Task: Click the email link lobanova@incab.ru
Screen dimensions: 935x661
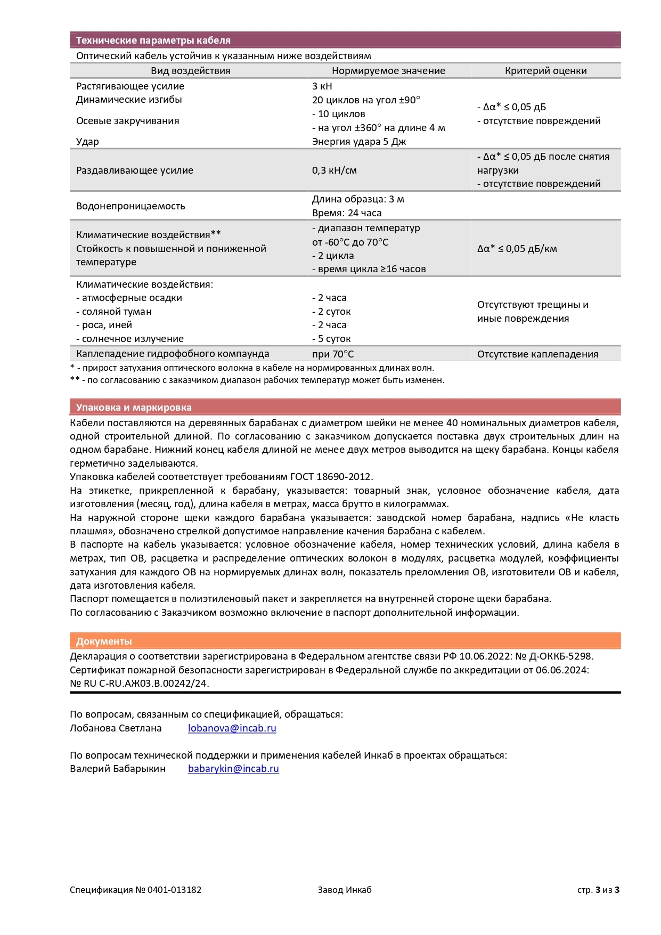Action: pyautogui.click(x=232, y=728)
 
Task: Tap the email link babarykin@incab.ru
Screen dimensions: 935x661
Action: pyautogui.click(x=233, y=768)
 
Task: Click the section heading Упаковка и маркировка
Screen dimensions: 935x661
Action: pyautogui.click(x=134, y=408)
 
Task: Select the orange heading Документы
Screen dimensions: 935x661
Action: pyautogui.click(x=104, y=641)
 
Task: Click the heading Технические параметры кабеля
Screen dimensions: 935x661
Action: pyautogui.click(x=153, y=40)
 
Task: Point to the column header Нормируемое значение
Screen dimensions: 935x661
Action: pyautogui.click(x=388, y=71)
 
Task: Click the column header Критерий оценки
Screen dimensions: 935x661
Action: pyautogui.click(x=545, y=71)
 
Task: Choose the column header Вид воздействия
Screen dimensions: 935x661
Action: pyautogui.click(x=190, y=71)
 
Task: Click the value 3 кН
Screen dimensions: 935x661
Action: pyautogui.click(x=322, y=86)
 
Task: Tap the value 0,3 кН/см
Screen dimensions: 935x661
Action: pyautogui.click(x=334, y=170)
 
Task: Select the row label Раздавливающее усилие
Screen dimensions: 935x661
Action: pyautogui.click(x=135, y=170)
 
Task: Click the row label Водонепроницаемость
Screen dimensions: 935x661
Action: pyautogui.click(x=130, y=206)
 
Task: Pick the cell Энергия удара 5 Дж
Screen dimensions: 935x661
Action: pyautogui.click(x=359, y=142)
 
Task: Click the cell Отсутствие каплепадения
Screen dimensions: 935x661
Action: pyautogui.click(x=537, y=354)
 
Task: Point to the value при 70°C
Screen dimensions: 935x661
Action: pyautogui.click(x=333, y=354)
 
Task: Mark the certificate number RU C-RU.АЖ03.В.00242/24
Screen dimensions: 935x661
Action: pyautogui.click(x=146, y=684)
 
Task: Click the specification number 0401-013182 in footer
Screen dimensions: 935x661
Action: pyautogui.click(x=174, y=890)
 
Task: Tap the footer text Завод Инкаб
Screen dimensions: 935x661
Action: pyautogui.click(x=345, y=890)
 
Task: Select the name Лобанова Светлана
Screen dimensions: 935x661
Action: pyautogui.click(x=116, y=728)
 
